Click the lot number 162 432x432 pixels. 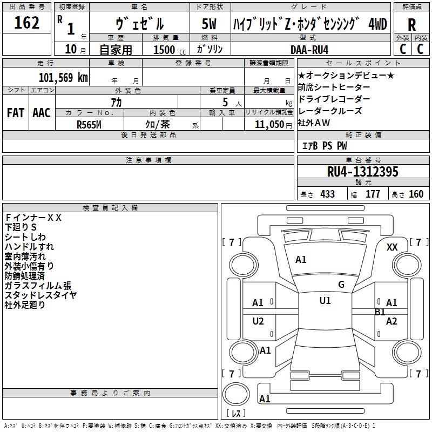pos(26,23)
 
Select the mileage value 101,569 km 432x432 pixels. pos(63,78)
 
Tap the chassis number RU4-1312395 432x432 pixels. pos(362,172)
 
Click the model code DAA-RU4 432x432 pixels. pos(309,50)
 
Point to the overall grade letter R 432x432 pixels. pos(411,25)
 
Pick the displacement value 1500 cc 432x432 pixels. pos(170,50)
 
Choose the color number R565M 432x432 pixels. pos(89,125)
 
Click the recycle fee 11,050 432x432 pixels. pos(269,125)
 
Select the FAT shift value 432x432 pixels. pos(16,113)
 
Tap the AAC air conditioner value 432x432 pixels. pos(42,113)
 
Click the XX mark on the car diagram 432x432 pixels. pos(392,247)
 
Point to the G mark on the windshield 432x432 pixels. pos(341,285)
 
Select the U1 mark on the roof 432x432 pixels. pos(325,301)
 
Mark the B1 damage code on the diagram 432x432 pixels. pos(380,312)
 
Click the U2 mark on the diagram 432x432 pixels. pos(258,321)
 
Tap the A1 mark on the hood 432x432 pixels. pos(301,260)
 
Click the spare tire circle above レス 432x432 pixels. pos(236,394)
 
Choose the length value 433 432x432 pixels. pos(328,194)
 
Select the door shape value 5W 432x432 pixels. pos(209,24)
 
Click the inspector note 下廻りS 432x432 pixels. pos(21,227)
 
